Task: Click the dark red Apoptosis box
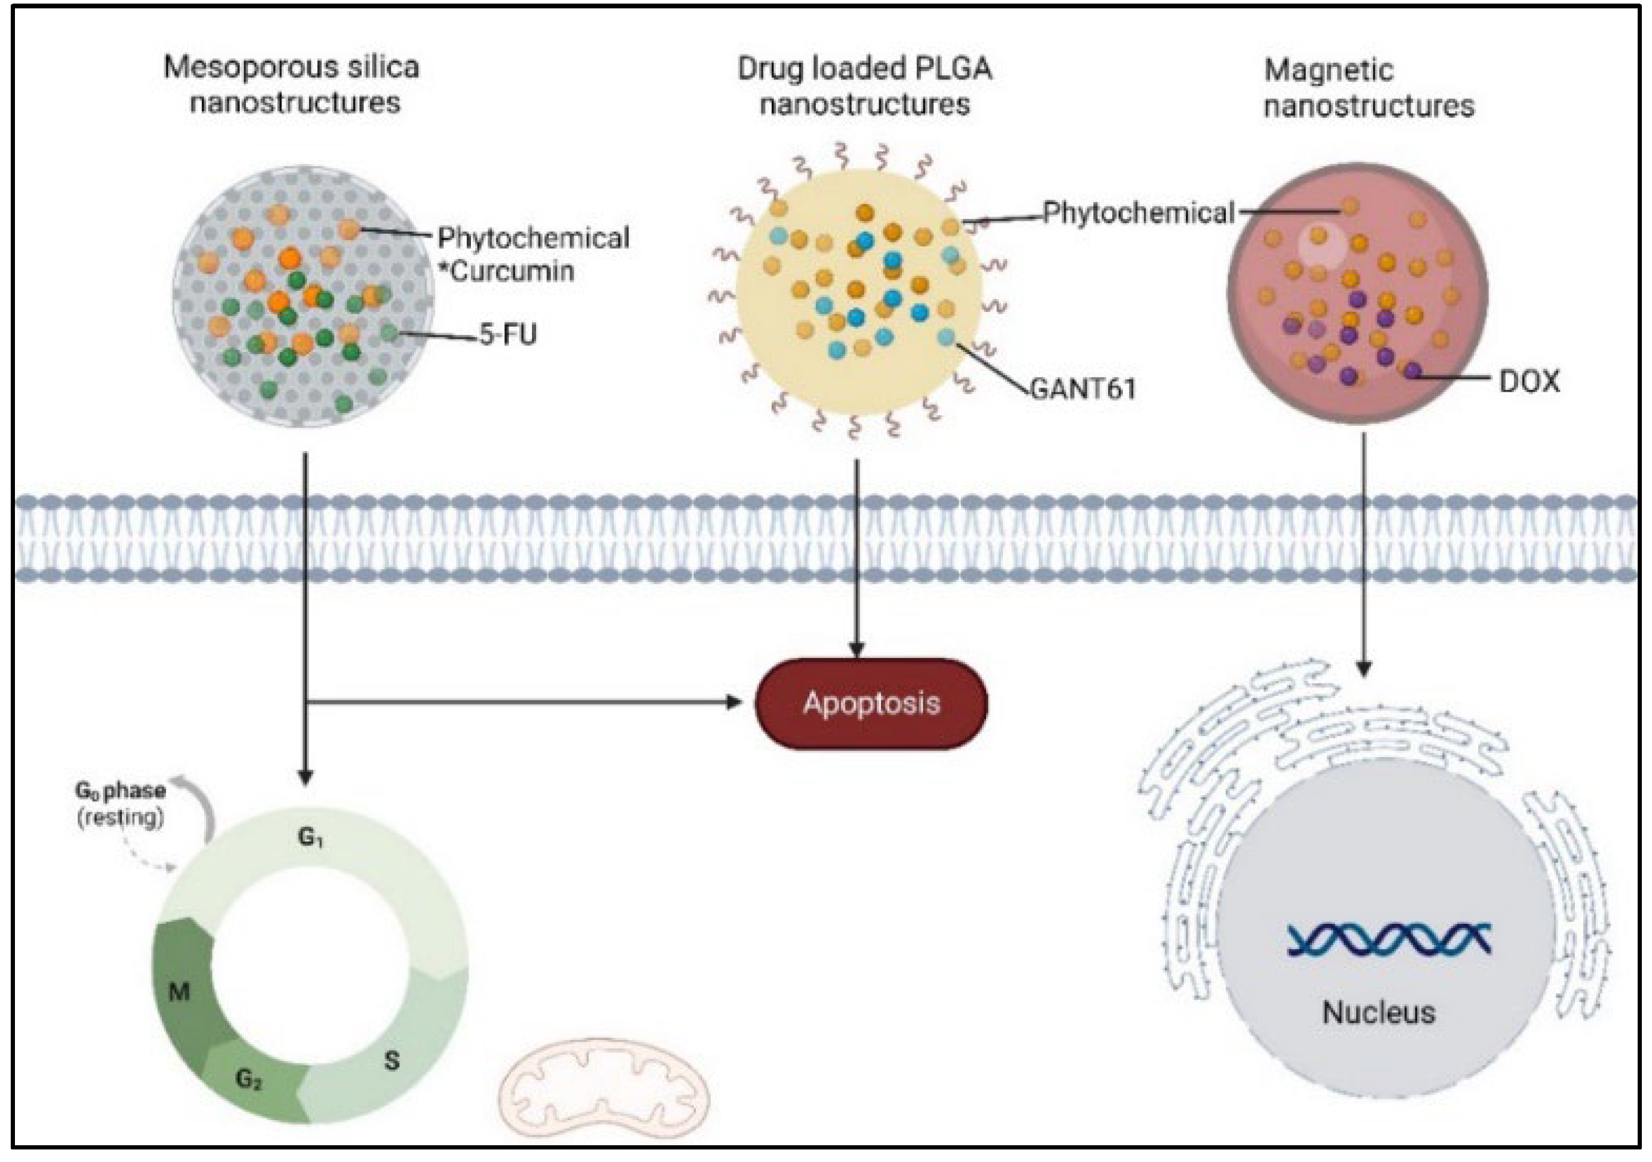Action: click(x=871, y=703)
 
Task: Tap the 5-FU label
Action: click(x=508, y=334)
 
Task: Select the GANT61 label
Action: click(x=1083, y=389)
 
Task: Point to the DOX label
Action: click(x=1529, y=382)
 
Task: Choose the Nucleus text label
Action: click(x=1379, y=1013)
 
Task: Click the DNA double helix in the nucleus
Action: click(x=1388, y=940)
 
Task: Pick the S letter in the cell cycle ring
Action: click(x=391, y=1060)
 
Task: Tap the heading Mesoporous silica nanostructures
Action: click(x=292, y=84)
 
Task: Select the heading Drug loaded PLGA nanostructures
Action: click(x=865, y=86)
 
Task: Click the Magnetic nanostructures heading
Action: click(x=1369, y=88)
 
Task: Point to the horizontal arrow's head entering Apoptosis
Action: click(x=734, y=702)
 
